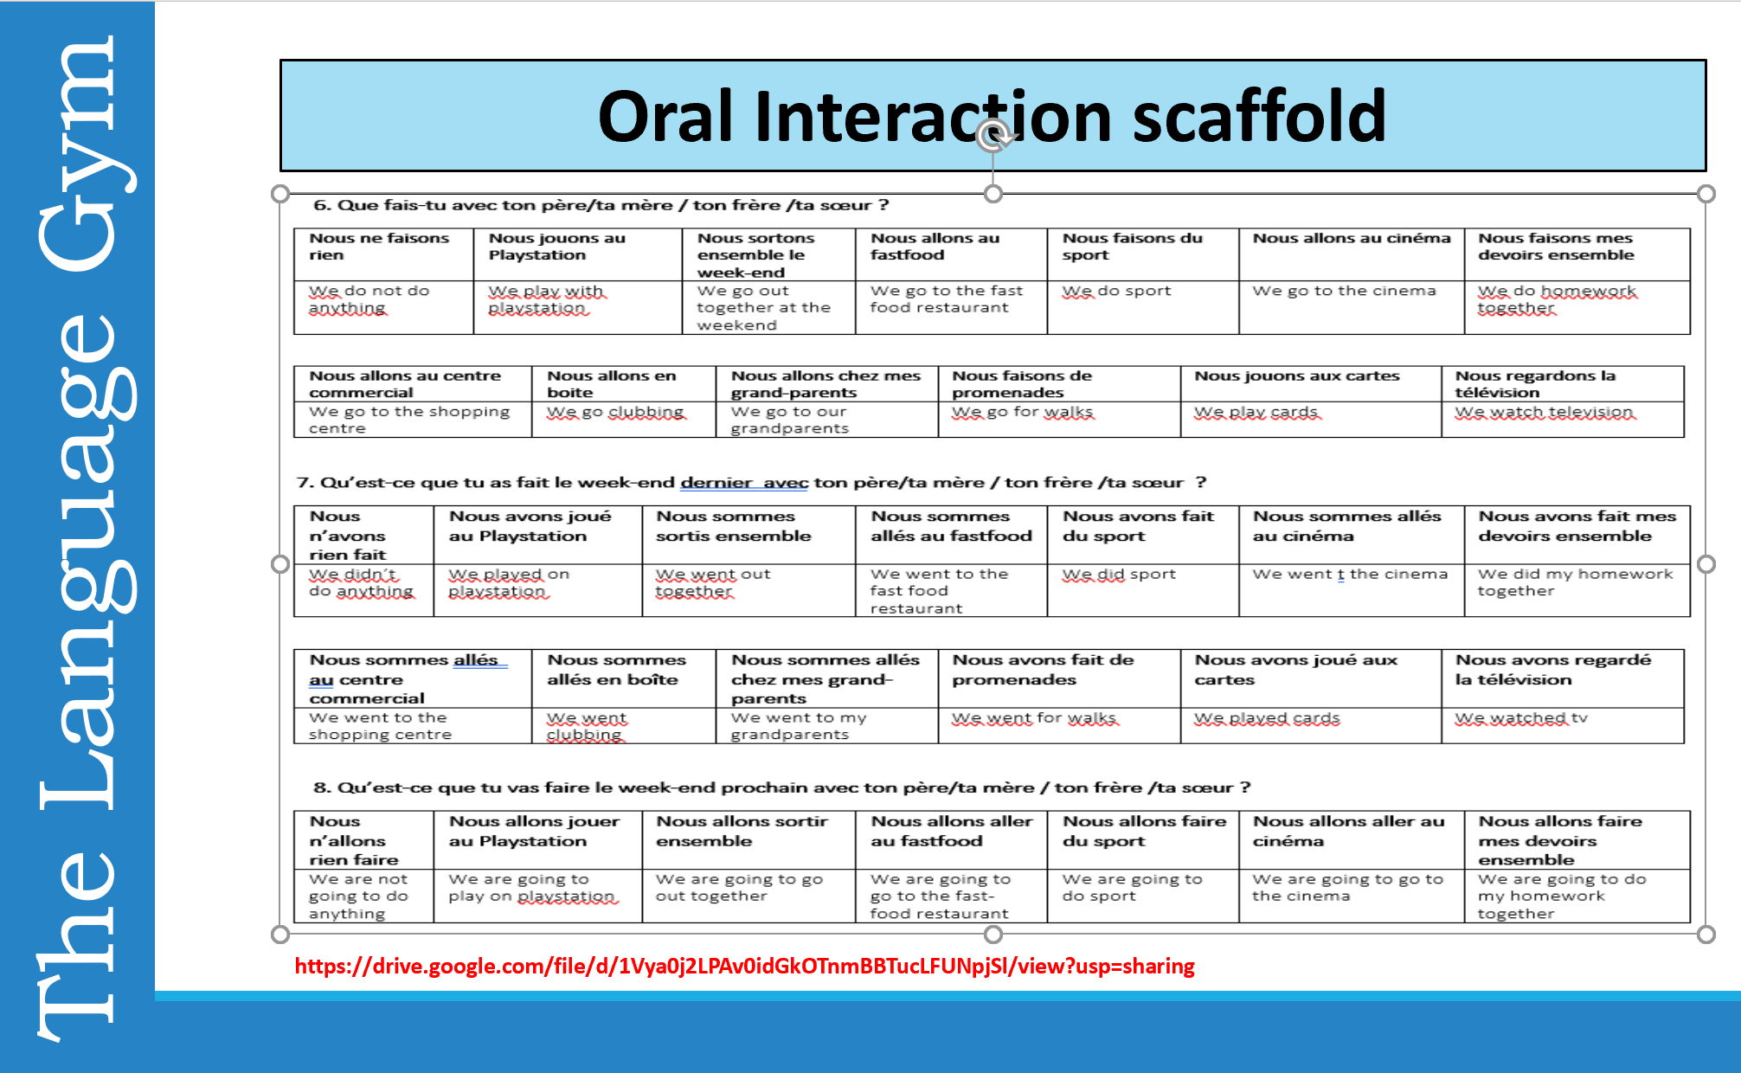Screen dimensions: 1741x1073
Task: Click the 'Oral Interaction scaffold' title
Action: click(992, 116)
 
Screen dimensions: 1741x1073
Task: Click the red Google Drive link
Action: click(744, 966)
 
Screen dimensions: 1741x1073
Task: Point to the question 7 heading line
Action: click(751, 482)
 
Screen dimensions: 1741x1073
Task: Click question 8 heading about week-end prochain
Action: click(782, 787)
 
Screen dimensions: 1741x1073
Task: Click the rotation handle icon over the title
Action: click(993, 135)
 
